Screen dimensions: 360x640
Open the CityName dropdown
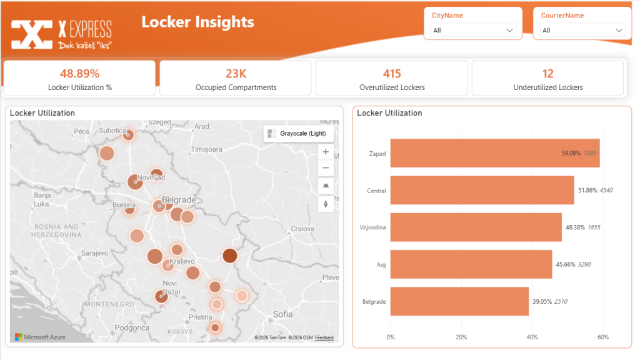click(473, 30)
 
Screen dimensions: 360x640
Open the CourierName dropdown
click(582, 30)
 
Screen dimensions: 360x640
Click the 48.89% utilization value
click(79, 73)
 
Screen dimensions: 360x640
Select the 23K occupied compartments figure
click(236, 73)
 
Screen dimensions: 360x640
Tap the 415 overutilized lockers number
click(392, 73)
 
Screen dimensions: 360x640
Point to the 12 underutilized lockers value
click(548, 73)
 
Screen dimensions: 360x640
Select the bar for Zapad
click(494, 153)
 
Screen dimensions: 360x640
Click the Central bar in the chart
click(482, 190)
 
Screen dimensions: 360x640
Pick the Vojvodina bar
click(476, 227)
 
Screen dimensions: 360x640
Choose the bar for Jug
click(471, 264)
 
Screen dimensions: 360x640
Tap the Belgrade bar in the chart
click(459, 301)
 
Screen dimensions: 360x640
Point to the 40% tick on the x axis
click(532, 337)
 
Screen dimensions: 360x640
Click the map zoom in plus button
click(326, 152)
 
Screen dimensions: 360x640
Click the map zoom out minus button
click(326, 168)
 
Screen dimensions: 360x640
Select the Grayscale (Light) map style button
click(296, 133)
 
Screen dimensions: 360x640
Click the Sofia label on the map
click(283, 314)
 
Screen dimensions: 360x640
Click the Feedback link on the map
click(324, 338)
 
